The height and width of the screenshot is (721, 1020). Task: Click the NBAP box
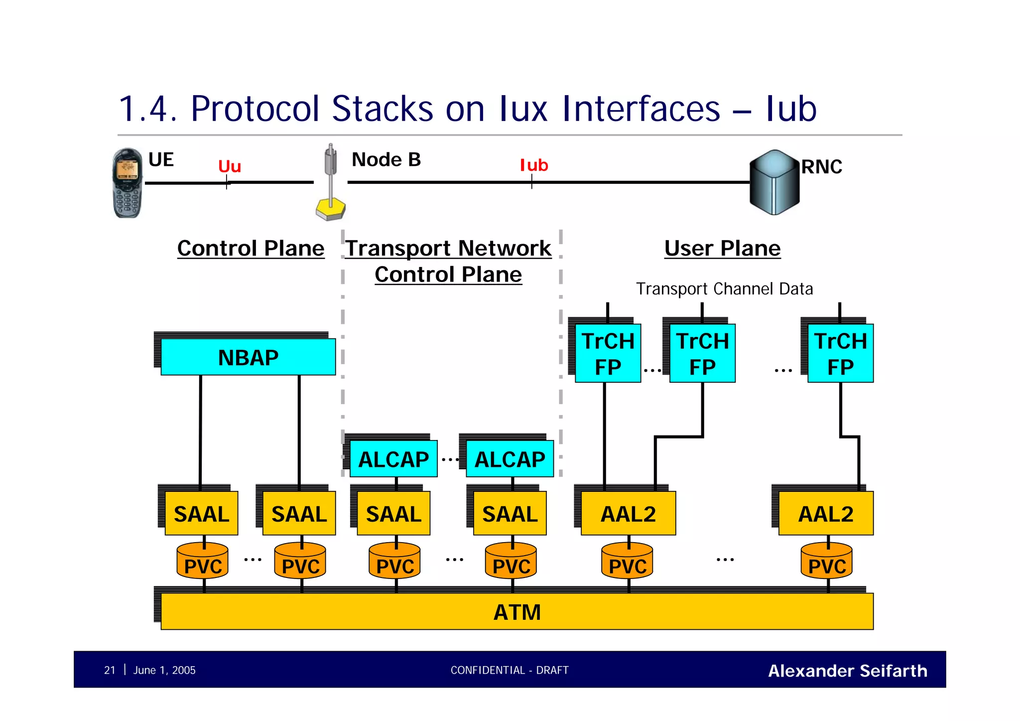click(248, 357)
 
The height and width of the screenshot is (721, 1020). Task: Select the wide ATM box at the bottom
click(516, 612)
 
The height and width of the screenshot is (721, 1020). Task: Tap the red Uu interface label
click(230, 166)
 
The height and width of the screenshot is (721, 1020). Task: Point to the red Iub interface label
click(533, 165)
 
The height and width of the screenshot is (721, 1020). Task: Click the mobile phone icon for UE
click(127, 183)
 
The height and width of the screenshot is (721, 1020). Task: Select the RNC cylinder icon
click(774, 182)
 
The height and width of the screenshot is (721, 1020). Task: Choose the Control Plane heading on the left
click(251, 248)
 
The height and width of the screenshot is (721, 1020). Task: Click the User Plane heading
click(722, 248)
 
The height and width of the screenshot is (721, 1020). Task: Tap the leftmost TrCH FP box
click(608, 353)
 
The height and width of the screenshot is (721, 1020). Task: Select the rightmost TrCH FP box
click(840, 353)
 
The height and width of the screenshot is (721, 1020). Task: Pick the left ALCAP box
click(393, 459)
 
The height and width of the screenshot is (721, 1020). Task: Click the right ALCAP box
click(510, 459)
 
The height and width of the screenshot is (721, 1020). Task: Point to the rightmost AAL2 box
click(825, 514)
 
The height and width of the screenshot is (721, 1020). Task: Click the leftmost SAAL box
click(201, 514)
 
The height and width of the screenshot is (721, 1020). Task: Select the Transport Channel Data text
click(724, 289)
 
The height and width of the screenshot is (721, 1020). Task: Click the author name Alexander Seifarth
click(847, 671)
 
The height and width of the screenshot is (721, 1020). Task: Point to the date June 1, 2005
click(164, 670)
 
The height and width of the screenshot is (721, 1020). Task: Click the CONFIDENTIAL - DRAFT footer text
click(509, 670)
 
